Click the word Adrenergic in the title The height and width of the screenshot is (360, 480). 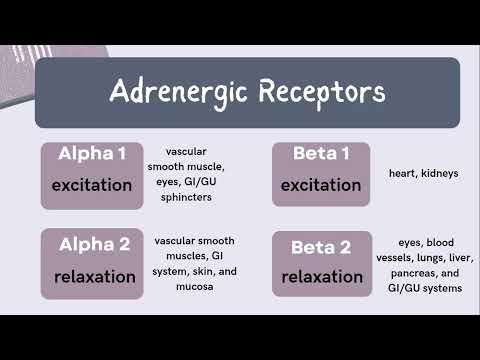pyautogui.click(x=176, y=92)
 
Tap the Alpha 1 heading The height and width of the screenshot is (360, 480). pyautogui.click(x=93, y=156)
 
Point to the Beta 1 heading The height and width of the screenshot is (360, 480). pyautogui.click(x=321, y=156)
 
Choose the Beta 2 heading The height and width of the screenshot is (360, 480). pyautogui.click(x=321, y=247)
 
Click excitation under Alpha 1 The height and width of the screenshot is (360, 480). pyautogui.click(x=93, y=185)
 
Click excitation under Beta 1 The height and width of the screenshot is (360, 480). pyautogui.click(x=321, y=185)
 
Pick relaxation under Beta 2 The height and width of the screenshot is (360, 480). pyautogui.click(x=321, y=277)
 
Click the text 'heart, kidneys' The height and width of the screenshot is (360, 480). pyautogui.click(x=423, y=173)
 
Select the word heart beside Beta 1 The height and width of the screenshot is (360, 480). pyautogui.click(x=403, y=173)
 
